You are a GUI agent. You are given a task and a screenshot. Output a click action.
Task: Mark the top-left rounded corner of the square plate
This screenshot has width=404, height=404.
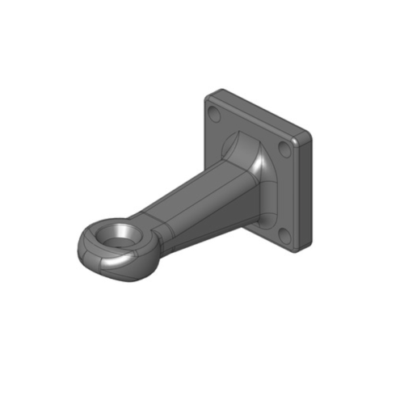click(x=209, y=95)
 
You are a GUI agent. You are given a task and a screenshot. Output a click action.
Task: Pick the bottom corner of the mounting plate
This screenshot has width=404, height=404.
click(x=295, y=249)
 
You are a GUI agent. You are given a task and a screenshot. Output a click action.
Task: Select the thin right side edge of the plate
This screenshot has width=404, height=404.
click(x=304, y=194)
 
